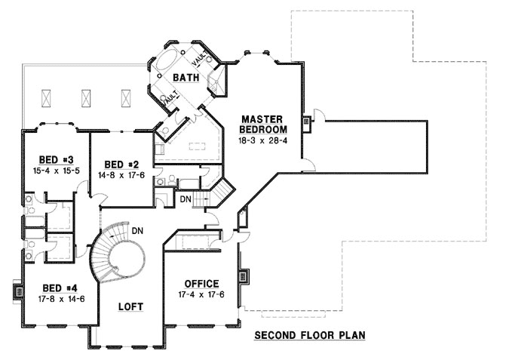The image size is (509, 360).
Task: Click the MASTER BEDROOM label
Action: click(x=262, y=124)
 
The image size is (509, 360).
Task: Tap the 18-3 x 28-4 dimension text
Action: click(x=262, y=140)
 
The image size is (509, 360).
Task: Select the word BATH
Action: click(x=185, y=78)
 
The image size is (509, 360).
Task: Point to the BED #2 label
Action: click(x=122, y=165)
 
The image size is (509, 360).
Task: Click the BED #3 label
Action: click(x=55, y=159)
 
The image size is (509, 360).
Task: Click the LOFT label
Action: click(x=130, y=306)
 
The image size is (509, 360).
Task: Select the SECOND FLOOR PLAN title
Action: click(x=309, y=334)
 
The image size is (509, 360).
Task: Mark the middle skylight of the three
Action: click(x=86, y=97)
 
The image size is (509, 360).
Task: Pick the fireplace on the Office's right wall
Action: click(x=243, y=277)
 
